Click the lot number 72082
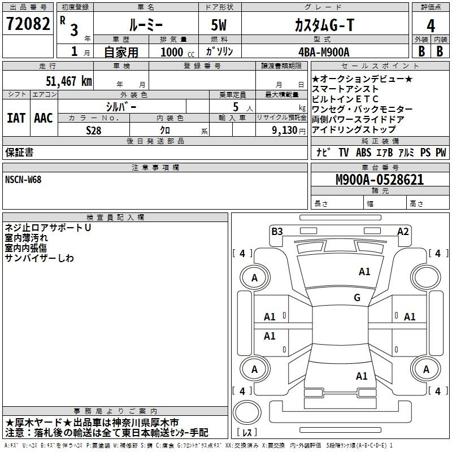tap(28, 23)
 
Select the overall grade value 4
tap(431, 25)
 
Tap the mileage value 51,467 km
tap(69, 81)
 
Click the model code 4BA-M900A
tap(324, 52)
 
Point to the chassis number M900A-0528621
tap(380, 180)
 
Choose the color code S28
tap(94, 131)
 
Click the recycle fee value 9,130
tap(284, 130)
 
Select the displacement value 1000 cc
tap(177, 52)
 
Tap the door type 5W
tap(219, 25)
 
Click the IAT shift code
tap(16, 118)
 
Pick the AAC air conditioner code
tap(44, 118)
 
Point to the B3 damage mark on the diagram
tap(277, 231)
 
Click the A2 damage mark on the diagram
tap(403, 231)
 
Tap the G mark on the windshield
tap(357, 297)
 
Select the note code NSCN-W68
tap(23, 180)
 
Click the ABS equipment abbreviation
tap(363, 152)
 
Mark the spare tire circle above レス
tap(247, 412)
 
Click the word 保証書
tap(19, 152)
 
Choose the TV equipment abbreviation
tap(344, 152)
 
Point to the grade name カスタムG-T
tap(324, 25)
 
